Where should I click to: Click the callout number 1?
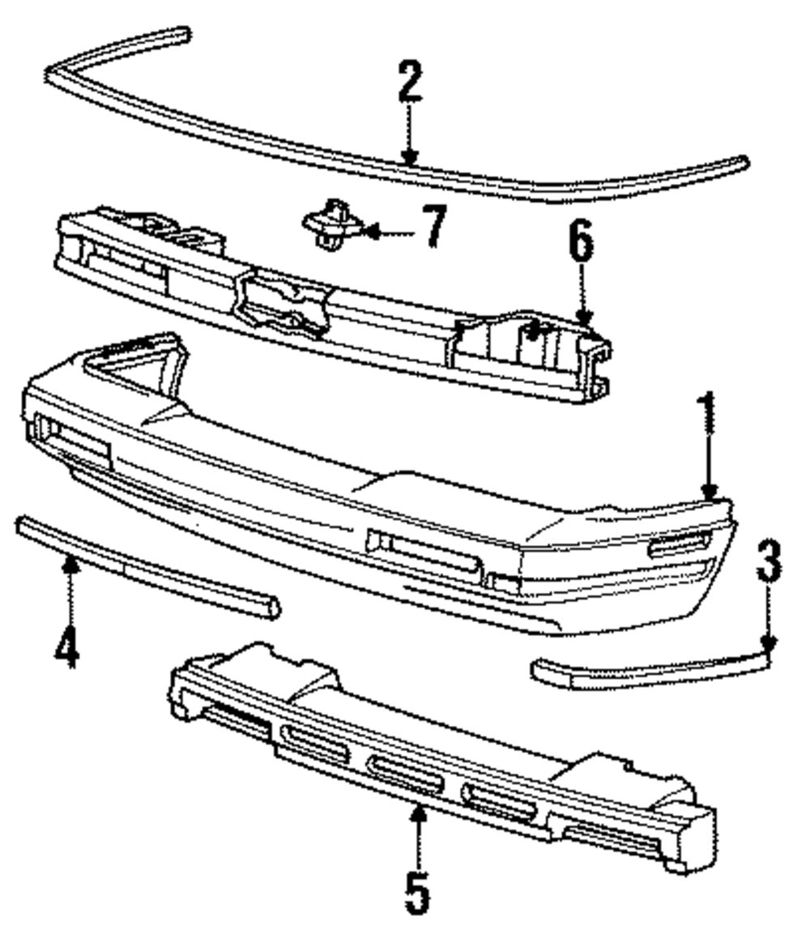709,411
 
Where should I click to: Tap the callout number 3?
769,562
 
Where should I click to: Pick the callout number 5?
416,890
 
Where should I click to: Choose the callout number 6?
582,244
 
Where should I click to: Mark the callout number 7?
434,226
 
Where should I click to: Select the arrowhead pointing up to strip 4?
70,565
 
